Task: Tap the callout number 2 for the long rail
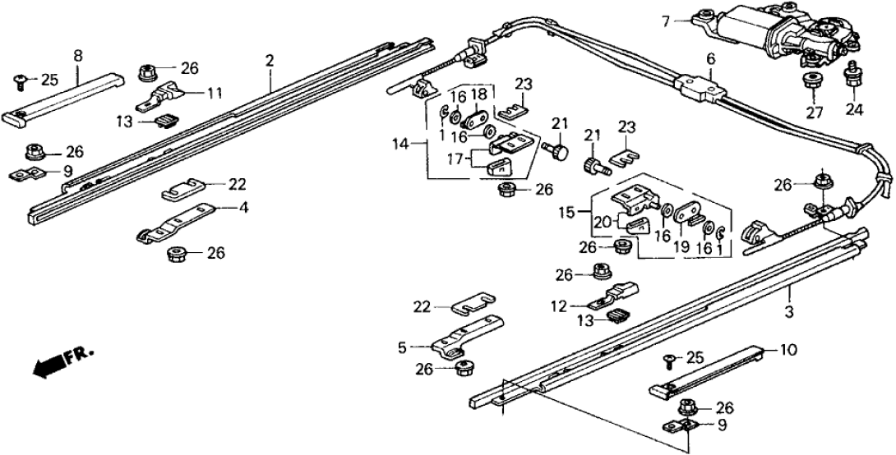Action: point(270,61)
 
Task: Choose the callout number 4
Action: point(243,209)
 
